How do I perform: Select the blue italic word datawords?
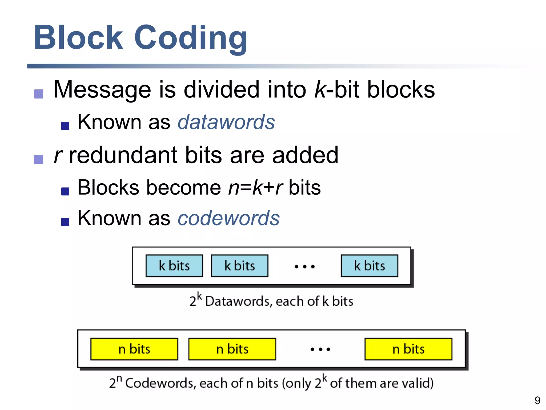(x=226, y=122)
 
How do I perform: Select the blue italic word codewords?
(x=228, y=218)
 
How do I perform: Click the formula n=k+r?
(x=255, y=188)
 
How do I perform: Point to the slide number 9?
(x=537, y=400)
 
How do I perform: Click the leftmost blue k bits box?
(x=174, y=266)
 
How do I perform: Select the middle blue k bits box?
(x=239, y=266)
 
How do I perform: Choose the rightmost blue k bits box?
(x=369, y=266)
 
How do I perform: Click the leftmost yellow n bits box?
(x=134, y=349)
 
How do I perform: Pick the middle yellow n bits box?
(x=232, y=349)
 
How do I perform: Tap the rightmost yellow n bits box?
(x=408, y=349)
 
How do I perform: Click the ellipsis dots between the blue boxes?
(x=304, y=266)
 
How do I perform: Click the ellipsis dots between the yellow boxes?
(x=320, y=349)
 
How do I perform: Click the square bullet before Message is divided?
(x=39, y=94)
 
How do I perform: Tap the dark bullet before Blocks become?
(x=65, y=191)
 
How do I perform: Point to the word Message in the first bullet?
(x=102, y=90)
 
